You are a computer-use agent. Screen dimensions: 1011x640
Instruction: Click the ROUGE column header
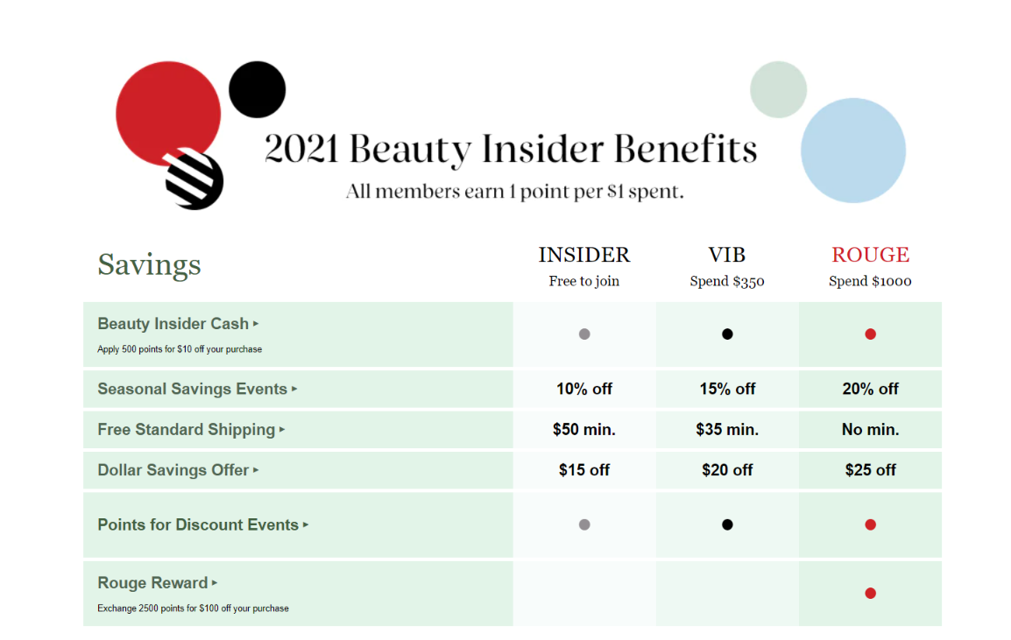tap(870, 255)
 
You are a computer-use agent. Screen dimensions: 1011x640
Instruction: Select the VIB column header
tap(726, 255)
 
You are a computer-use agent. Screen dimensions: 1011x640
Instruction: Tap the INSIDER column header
tap(584, 255)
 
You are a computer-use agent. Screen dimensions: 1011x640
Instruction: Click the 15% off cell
tap(727, 389)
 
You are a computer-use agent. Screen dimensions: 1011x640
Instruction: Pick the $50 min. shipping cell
tap(584, 429)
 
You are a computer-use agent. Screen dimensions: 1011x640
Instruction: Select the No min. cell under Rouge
tap(871, 429)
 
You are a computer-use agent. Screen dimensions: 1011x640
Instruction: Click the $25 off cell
tap(871, 470)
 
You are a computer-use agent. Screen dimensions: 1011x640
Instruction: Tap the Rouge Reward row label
tap(152, 582)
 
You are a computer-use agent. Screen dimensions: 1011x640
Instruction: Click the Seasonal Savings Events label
tap(192, 389)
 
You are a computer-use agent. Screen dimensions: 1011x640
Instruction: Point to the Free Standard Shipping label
tap(187, 429)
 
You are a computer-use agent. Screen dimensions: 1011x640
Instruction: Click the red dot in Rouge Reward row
tap(871, 593)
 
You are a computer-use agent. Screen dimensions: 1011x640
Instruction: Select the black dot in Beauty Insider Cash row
tap(727, 334)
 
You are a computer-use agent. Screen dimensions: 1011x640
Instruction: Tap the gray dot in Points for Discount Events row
tap(584, 524)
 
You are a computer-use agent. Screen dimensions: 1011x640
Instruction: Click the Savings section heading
tap(149, 265)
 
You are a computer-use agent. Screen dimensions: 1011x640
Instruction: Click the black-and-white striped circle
tap(194, 179)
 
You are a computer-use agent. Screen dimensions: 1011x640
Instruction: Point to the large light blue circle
tap(853, 151)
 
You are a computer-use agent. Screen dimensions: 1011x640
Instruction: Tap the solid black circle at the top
tap(258, 89)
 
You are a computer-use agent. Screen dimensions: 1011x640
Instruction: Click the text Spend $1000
tap(870, 281)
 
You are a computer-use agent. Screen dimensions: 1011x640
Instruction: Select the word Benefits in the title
tap(685, 149)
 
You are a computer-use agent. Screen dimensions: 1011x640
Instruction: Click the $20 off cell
tap(727, 470)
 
